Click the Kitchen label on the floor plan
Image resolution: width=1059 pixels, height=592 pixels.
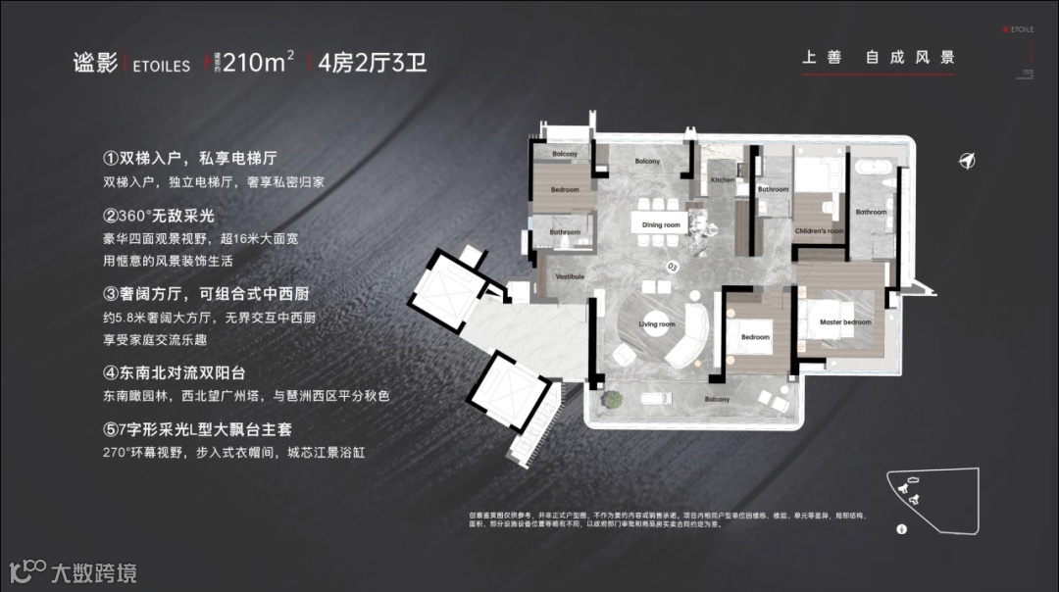tap(722, 181)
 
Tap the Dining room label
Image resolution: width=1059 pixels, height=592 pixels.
tap(661, 225)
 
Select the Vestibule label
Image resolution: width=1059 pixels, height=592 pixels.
tap(570, 276)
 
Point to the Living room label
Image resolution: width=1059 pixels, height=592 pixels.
tap(657, 324)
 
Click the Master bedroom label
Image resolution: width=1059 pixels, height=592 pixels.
tap(845, 322)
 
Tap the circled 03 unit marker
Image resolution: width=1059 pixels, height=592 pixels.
tap(672, 266)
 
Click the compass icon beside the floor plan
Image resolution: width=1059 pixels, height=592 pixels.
tap(967, 162)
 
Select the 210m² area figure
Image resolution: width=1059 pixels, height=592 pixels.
tap(258, 63)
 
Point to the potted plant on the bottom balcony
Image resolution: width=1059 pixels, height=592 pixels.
tap(614, 398)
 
